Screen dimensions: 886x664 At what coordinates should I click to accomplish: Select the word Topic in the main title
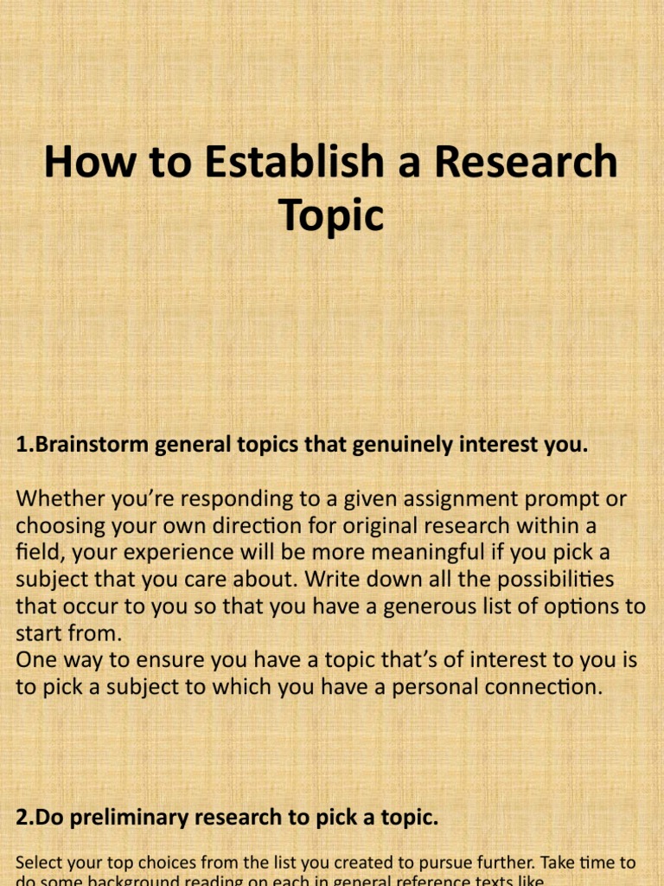(331, 215)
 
